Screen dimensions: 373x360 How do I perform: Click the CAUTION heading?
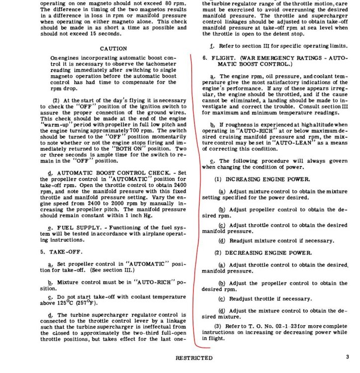113,49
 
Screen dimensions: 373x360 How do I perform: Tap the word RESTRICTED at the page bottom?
193,358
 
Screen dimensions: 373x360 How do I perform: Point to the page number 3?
348,357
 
